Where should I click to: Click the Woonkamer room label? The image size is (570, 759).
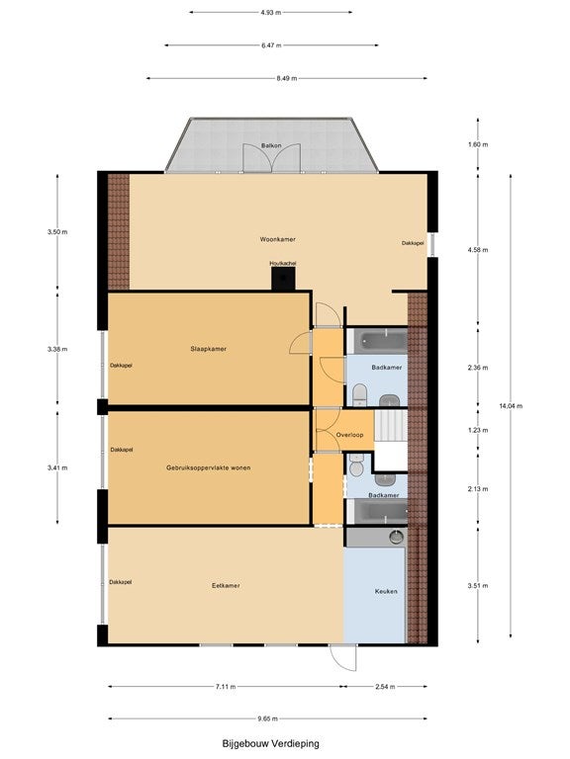[x=277, y=239]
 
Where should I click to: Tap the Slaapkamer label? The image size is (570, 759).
[x=209, y=349]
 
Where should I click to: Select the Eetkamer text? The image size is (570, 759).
[x=226, y=586]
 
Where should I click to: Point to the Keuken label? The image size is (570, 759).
[x=386, y=592]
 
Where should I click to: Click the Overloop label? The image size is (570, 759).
[x=349, y=435]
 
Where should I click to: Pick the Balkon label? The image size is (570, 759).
[x=271, y=145]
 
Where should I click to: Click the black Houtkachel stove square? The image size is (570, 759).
[x=283, y=279]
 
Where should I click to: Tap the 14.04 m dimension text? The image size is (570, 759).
[x=511, y=406]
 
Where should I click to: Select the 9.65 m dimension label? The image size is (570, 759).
[x=267, y=718]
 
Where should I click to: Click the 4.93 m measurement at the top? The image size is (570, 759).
[x=270, y=13]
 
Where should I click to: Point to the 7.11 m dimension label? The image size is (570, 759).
[x=226, y=687]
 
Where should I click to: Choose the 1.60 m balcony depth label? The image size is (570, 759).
[x=478, y=144]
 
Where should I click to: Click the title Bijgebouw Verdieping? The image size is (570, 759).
[x=270, y=743]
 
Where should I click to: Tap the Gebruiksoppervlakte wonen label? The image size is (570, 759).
[x=209, y=467]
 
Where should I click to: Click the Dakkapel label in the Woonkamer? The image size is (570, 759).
[x=413, y=243]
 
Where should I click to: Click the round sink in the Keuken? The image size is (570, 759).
[x=397, y=538]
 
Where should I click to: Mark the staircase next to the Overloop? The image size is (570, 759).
[x=391, y=426]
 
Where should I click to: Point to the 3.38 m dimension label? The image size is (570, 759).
[x=57, y=349]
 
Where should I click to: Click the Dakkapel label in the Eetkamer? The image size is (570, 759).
[x=120, y=582]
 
